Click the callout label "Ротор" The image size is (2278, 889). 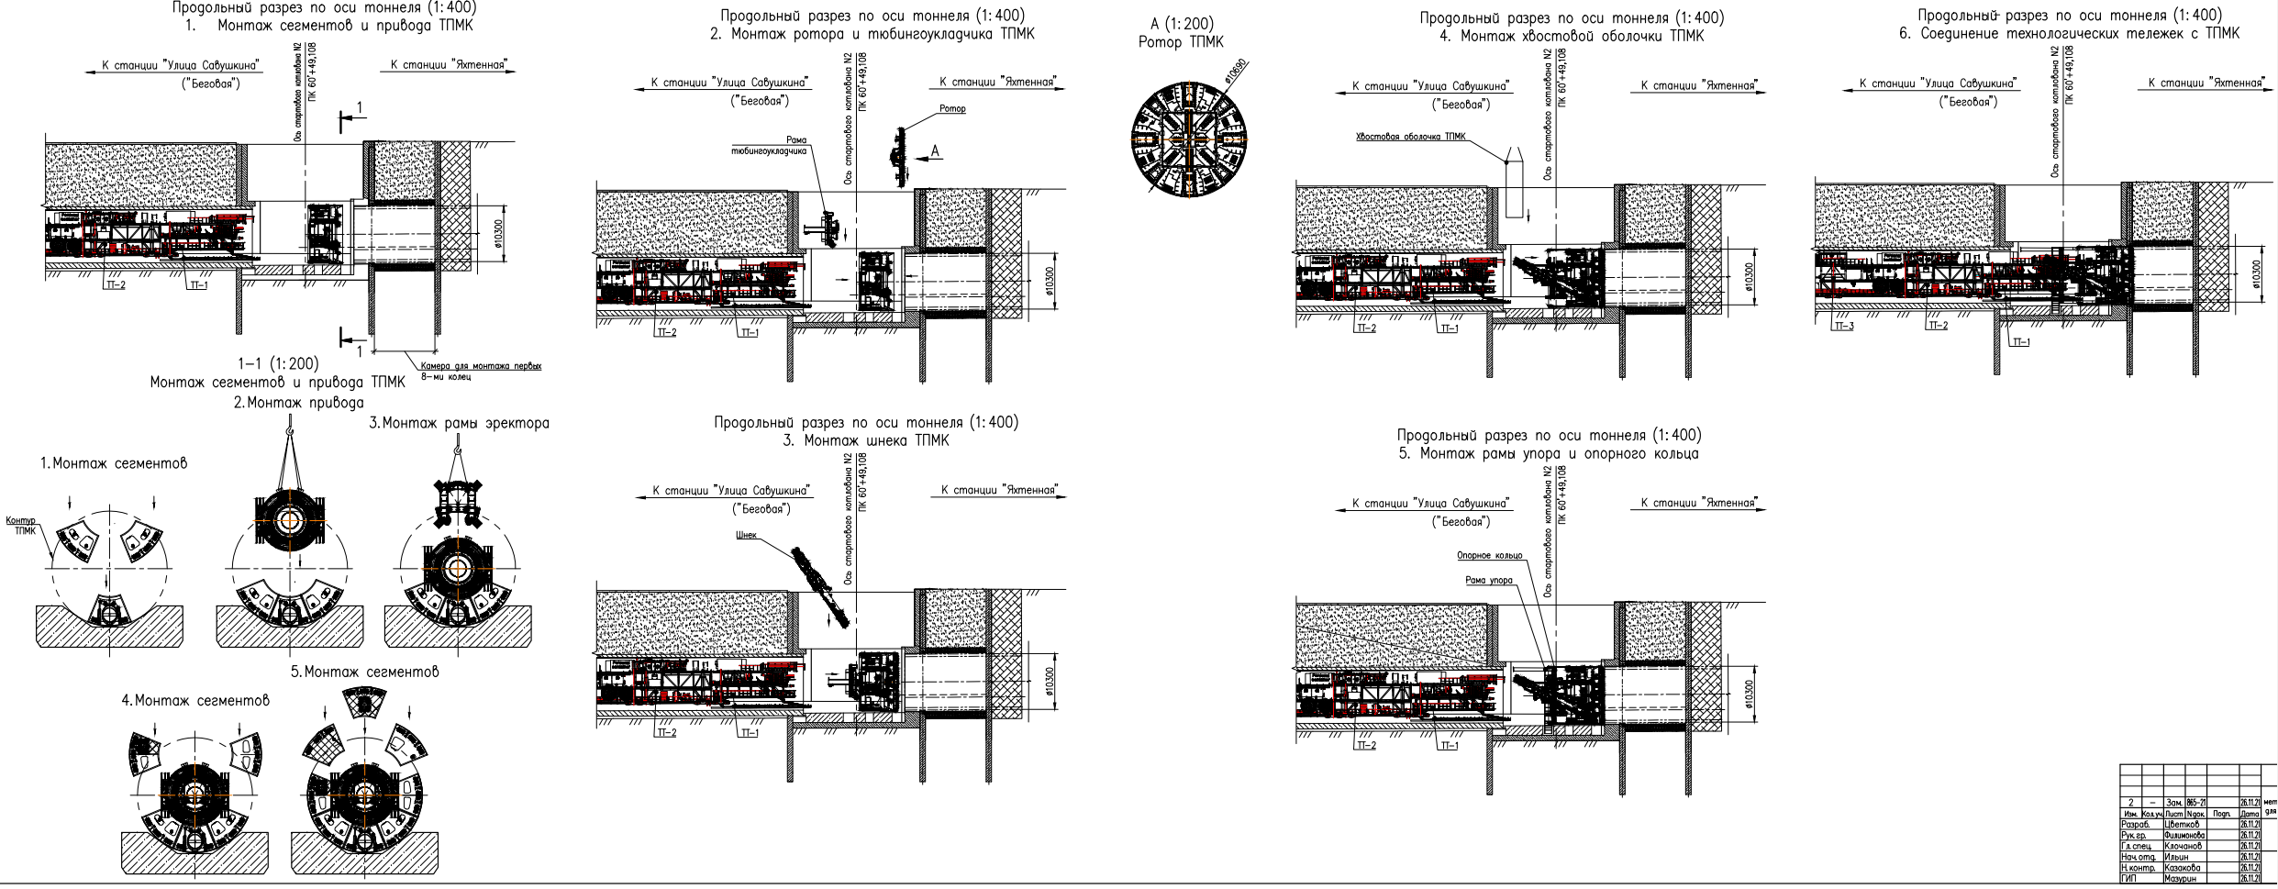[953, 109]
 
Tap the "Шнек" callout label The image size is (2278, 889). [745, 535]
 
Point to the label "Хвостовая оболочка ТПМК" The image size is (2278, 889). [1410, 137]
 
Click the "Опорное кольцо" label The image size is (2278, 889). [1489, 555]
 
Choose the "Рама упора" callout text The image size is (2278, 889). [1489, 580]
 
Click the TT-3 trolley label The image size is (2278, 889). [1843, 326]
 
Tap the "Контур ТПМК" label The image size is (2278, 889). [20, 526]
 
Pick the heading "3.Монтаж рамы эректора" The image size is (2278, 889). [459, 423]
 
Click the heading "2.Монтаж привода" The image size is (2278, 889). [298, 402]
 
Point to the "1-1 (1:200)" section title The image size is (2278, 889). [278, 364]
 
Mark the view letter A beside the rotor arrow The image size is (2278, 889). [936, 150]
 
